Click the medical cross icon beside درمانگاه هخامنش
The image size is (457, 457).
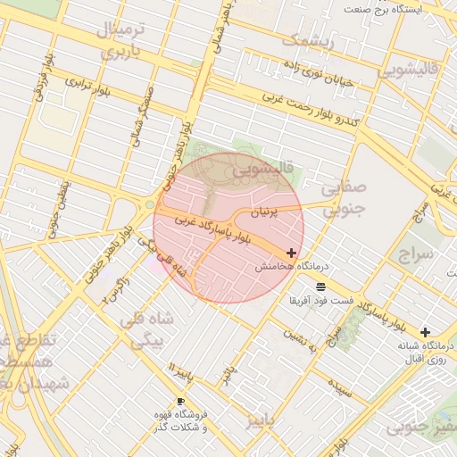pos(292,253)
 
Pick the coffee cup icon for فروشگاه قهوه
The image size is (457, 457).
pos(181,402)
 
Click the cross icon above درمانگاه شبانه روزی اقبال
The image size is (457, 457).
pos(425,331)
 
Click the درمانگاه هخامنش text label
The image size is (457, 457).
pos(293,267)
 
